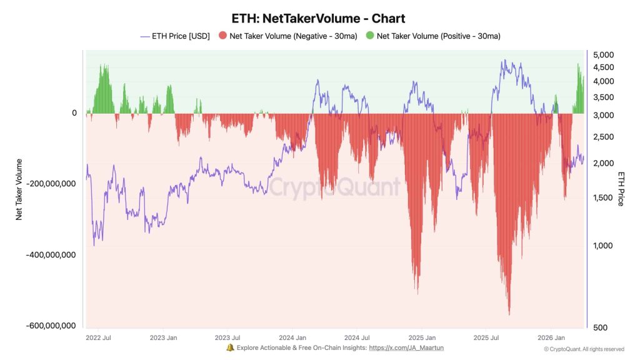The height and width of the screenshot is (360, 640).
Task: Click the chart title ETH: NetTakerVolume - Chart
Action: [319, 19]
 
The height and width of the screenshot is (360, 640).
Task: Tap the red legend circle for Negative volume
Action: [222, 36]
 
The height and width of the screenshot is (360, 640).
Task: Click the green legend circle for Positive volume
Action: [370, 36]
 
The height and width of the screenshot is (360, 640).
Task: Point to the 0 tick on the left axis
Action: [74, 113]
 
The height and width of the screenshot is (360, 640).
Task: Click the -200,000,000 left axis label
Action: [51, 184]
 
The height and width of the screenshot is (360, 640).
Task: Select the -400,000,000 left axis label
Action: [51, 255]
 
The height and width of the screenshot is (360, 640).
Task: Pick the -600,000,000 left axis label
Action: [51, 326]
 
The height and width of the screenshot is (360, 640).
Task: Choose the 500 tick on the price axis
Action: [600, 327]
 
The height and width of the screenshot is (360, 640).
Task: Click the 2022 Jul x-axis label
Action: [99, 337]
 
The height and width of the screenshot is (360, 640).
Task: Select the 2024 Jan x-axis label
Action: [292, 337]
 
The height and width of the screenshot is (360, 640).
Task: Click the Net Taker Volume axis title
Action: [19, 189]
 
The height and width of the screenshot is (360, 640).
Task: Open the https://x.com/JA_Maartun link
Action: [406, 347]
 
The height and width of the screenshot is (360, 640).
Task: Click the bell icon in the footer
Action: [230, 347]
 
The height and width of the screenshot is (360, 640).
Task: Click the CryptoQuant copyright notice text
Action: [584, 349]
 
